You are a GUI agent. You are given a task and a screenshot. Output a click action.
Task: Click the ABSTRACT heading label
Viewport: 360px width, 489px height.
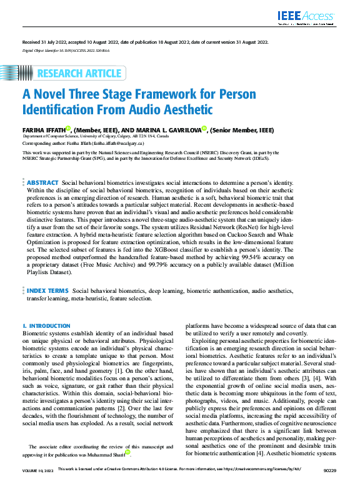click(x=42, y=182)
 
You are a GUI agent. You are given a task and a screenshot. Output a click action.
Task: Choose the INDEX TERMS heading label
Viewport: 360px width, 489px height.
click(x=47, y=291)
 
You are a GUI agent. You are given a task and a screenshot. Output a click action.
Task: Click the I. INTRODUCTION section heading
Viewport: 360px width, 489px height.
click(x=46, y=326)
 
